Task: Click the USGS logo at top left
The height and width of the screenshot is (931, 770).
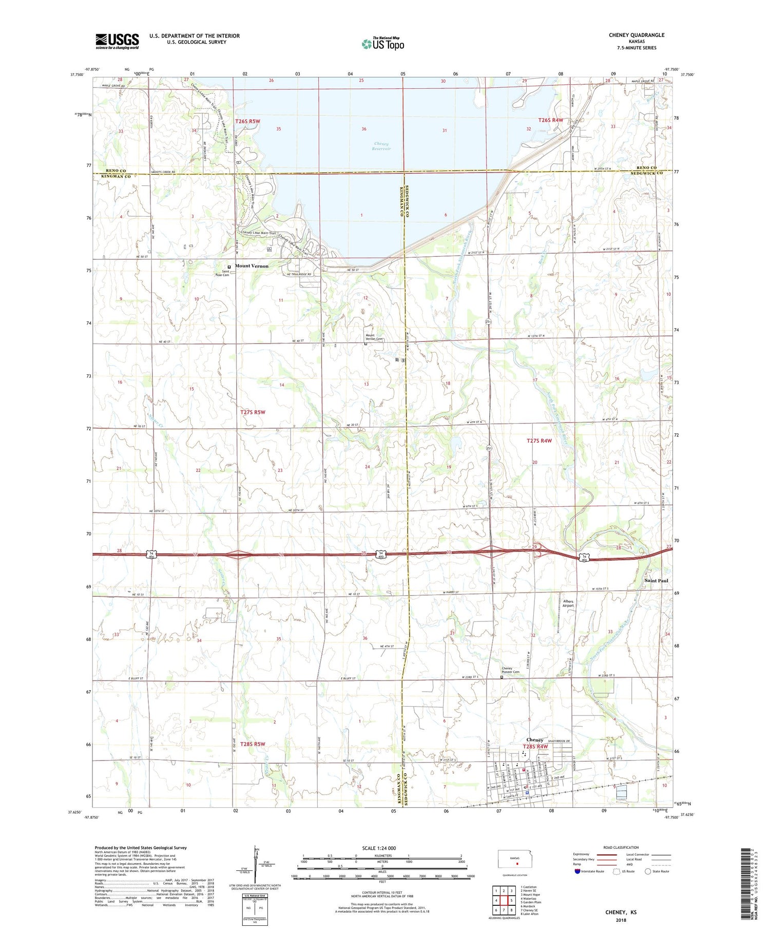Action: coord(117,41)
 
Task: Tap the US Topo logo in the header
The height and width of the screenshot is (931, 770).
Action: coord(382,44)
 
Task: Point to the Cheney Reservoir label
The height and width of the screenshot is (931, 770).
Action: coord(382,146)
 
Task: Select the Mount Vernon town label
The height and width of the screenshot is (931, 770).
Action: coord(252,266)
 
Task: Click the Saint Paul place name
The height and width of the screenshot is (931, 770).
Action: coord(656,580)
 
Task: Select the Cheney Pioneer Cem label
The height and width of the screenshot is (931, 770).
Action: coord(510,671)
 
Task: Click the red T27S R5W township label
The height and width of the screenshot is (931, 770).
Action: coord(253,412)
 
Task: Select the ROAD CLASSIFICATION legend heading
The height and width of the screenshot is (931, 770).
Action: coord(621,847)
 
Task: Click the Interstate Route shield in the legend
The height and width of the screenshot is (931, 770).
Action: coord(577,871)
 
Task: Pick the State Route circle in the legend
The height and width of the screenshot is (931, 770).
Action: coord(648,871)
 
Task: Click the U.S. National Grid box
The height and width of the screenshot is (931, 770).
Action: coord(255,910)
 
